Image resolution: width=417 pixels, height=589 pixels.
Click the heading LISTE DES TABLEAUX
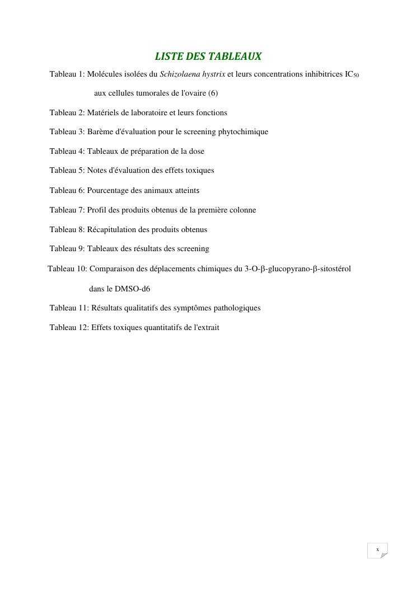click(208, 56)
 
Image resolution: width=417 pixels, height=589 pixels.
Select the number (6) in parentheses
click(213, 93)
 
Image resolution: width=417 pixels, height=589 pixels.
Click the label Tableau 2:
click(67, 112)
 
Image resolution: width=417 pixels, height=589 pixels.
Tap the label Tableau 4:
click(67, 151)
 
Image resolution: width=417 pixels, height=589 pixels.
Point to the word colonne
click(242, 210)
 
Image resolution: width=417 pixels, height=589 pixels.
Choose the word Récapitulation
click(114, 229)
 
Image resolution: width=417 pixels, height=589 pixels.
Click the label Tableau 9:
click(67, 248)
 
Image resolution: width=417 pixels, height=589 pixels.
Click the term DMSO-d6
click(132, 289)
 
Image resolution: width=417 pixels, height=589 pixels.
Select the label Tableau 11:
click(69, 308)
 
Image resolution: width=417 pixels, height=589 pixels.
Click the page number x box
click(377, 550)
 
